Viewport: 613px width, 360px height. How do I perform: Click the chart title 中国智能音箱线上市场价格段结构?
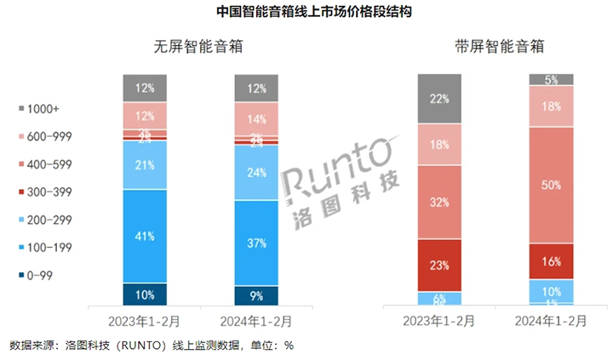coord(306,13)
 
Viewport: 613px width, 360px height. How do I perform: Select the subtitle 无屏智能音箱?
coord(198,47)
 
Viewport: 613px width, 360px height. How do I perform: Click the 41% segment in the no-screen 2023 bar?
coord(144,236)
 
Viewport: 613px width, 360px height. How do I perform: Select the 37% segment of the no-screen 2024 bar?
coord(256,243)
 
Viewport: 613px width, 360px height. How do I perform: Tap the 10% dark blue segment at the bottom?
coord(144,294)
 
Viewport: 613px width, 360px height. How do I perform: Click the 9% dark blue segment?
coord(256,296)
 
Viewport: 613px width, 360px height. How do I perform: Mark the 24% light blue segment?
coord(256,172)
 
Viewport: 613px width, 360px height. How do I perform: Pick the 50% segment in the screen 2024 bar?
coord(551,185)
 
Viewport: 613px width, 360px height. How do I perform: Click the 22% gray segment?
coord(438,99)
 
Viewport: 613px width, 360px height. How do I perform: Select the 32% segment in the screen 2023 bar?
coord(438,203)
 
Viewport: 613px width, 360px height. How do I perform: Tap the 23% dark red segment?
coord(438,265)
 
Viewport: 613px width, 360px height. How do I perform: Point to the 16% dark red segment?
coord(551,260)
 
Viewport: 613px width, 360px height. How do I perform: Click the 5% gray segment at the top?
coord(551,80)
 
